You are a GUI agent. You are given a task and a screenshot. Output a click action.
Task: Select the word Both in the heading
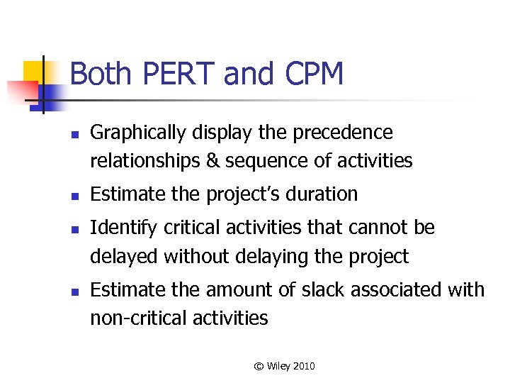tap(99, 74)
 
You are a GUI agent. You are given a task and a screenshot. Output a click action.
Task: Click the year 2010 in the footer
tap(302, 366)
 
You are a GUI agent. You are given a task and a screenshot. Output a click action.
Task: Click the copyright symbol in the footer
tap(259, 366)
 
